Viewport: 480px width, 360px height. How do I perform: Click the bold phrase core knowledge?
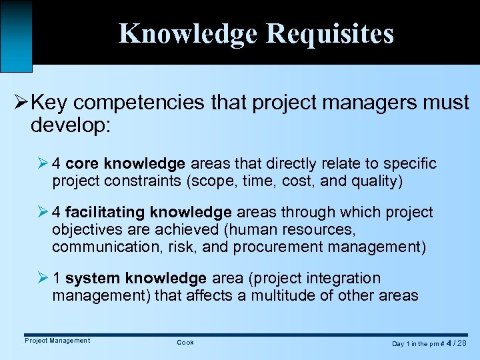tap(125, 163)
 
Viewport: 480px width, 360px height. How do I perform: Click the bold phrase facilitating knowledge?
tap(149, 213)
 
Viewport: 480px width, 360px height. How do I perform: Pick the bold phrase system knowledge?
tap(136, 278)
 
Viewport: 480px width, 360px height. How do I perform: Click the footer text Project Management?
tap(57, 341)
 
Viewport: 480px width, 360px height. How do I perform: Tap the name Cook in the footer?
tap(185, 343)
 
